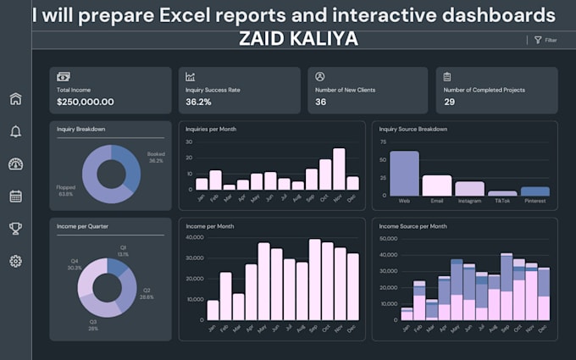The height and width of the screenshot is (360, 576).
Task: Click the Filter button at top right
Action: (545, 40)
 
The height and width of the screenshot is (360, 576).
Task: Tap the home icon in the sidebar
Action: (15, 99)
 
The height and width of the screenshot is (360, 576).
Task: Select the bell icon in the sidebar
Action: (15, 131)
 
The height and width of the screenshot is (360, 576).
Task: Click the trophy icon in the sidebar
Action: (15, 229)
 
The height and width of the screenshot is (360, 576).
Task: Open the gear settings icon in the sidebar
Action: (15, 261)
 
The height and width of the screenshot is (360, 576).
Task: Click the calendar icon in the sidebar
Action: (15, 197)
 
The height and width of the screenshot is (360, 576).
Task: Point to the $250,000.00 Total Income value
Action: (86, 102)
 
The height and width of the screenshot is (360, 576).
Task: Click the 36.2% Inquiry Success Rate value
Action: (198, 102)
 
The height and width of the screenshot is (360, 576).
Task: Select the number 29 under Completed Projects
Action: (449, 102)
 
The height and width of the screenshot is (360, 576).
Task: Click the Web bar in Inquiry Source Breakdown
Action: (404, 174)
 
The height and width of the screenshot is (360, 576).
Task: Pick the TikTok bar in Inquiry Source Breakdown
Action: (502, 194)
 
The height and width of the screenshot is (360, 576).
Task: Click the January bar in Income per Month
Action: (213, 310)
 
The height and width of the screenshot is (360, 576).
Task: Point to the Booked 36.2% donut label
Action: (156, 158)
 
